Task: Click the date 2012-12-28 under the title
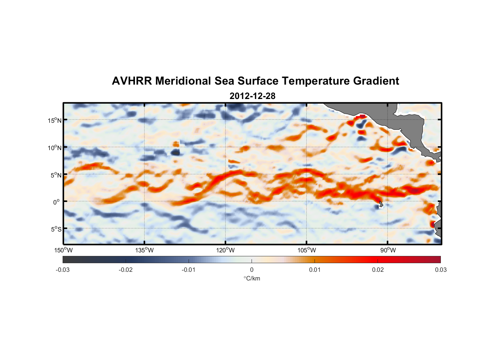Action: point(252,96)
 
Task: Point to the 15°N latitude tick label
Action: point(55,120)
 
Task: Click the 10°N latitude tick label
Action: point(55,148)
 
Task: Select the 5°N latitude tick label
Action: point(56,175)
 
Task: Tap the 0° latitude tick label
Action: point(57,202)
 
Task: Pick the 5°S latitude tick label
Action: point(56,229)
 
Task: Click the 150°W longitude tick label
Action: point(64,250)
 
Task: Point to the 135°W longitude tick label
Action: point(145,250)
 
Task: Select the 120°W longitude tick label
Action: point(226,250)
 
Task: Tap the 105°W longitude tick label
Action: point(307,250)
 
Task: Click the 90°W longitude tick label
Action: point(388,250)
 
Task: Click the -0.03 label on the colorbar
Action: point(63,270)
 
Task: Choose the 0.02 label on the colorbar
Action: point(378,270)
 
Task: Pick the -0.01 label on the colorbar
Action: point(189,270)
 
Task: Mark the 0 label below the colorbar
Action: point(252,270)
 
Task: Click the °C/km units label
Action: point(252,278)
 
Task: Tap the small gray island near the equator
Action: point(381,204)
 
